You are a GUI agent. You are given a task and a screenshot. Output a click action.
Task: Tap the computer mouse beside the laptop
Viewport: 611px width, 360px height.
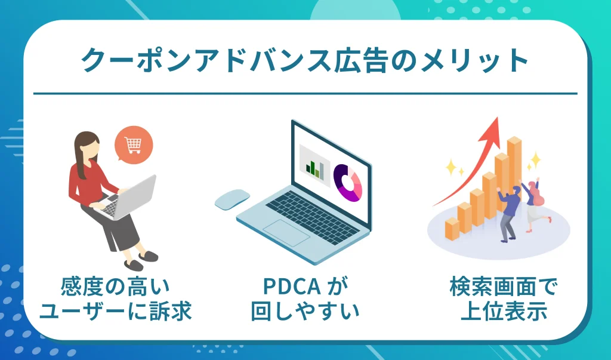232,198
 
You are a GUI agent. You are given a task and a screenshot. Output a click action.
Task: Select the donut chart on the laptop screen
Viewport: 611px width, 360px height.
347,183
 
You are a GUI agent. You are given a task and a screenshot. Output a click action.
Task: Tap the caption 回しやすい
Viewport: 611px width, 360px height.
305,311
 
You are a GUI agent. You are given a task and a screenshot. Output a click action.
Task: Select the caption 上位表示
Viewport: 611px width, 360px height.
504,311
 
